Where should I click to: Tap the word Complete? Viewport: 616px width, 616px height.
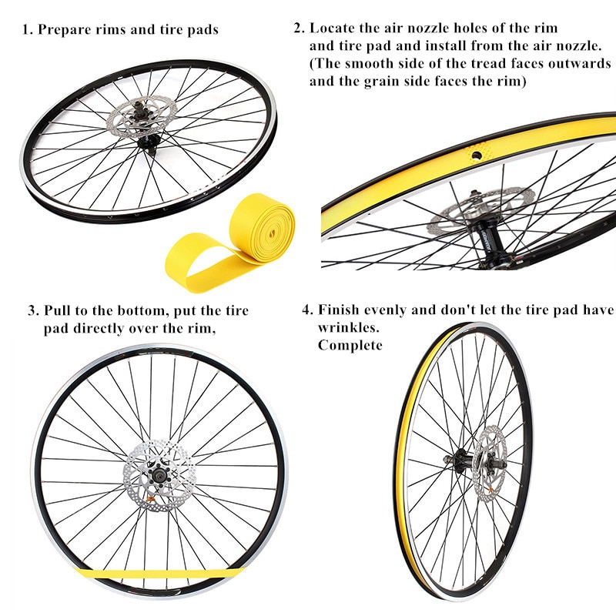click(x=350, y=345)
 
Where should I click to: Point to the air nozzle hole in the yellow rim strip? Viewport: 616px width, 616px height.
click(x=477, y=155)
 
